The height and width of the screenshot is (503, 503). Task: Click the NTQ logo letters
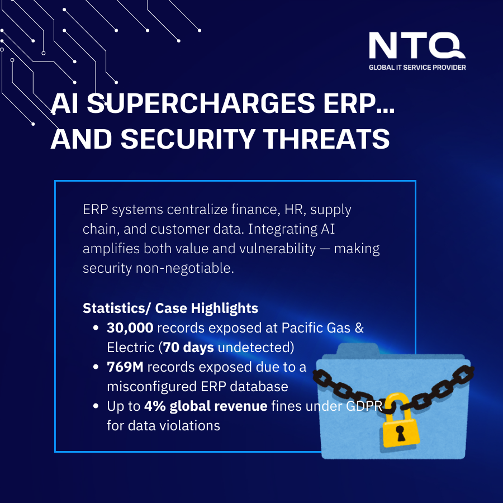click(x=417, y=45)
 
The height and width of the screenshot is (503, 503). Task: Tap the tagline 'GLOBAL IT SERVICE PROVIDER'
click(x=417, y=68)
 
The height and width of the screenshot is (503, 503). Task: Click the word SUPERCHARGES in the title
click(x=201, y=103)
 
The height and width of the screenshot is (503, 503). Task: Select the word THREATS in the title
click(x=326, y=139)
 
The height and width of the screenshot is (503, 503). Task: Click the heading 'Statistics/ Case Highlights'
click(x=170, y=309)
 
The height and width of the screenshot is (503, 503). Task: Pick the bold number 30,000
click(x=130, y=328)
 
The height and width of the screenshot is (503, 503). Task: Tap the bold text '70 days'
click(x=188, y=348)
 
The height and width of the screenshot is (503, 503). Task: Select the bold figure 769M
click(x=125, y=367)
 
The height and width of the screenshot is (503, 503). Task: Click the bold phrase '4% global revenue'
click(x=206, y=406)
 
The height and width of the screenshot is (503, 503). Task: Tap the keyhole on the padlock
click(x=400, y=433)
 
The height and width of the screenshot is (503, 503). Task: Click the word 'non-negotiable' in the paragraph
click(x=185, y=268)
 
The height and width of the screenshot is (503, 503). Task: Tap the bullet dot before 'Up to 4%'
click(x=96, y=406)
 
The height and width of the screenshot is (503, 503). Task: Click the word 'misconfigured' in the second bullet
click(x=146, y=387)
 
